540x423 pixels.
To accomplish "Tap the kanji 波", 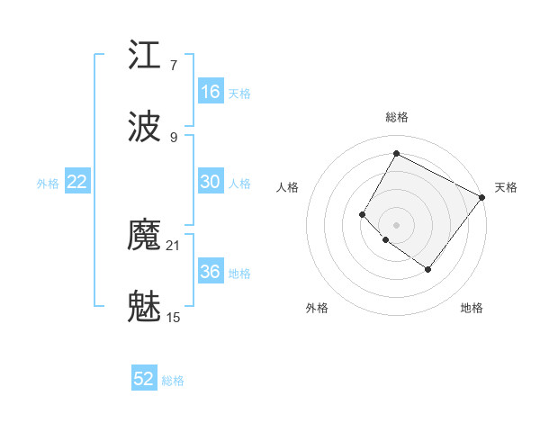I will [x=145, y=128].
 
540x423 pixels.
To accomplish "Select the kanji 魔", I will [x=145, y=236].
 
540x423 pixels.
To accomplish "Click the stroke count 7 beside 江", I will [x=174, y=66].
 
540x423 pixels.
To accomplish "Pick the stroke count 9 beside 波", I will [x=174, y=138].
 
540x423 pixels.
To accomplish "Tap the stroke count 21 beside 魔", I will [x=174, y=246].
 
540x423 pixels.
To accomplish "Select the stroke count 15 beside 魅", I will [x=174, y=318].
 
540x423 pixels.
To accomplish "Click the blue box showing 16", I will [x=211, y=92].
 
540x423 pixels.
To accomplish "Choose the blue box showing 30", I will [x=211, y=182].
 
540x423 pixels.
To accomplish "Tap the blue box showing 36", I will [x=211, y=272].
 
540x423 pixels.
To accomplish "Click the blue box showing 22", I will [x=77, y=182].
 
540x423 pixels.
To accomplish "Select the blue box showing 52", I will [x=144, y=379].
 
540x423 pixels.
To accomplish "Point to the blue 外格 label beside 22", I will [x=48, y=183].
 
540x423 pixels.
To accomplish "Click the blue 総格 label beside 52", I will [x=173, y=381].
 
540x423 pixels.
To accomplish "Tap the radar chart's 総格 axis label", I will [x=396, y=117].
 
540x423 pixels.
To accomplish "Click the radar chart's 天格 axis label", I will [x=506, y=187].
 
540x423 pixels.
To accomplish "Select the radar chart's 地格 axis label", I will [x=472, y=309].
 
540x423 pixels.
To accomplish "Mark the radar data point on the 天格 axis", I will [x=481, y=197].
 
